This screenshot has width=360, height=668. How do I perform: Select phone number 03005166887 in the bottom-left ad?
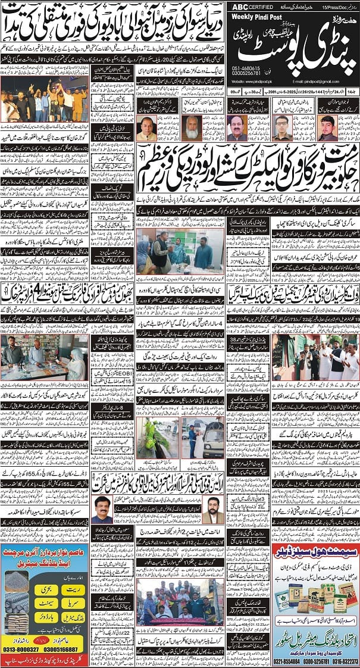66,650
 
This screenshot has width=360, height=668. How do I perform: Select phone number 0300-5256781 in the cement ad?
315,660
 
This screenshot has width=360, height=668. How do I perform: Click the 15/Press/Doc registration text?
339,6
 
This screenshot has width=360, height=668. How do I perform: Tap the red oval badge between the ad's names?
46,642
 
